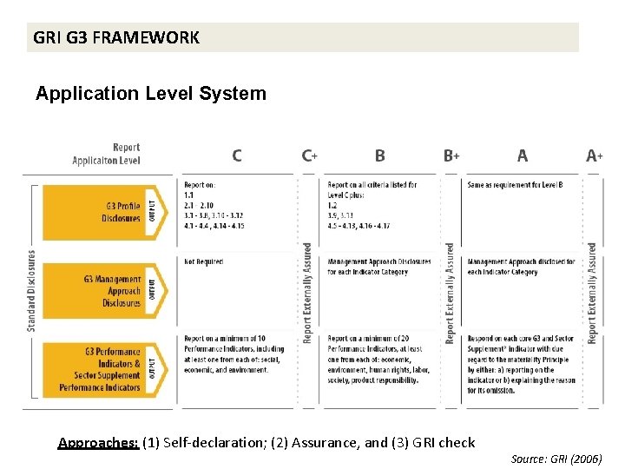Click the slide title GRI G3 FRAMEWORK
[116, 37]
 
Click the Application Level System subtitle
[151, 93]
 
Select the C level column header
[237, 156]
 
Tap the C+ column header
[309, 156]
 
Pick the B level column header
[380, 156]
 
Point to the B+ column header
[451, 156]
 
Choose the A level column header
[522, 156]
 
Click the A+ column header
[595, 156]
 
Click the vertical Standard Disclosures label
[31, 290]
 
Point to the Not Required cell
[203, 261]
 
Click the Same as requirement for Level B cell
[515, 185]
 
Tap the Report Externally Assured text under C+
[306, 293]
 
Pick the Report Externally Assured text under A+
[592, 293]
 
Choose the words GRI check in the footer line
[445, 443]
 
